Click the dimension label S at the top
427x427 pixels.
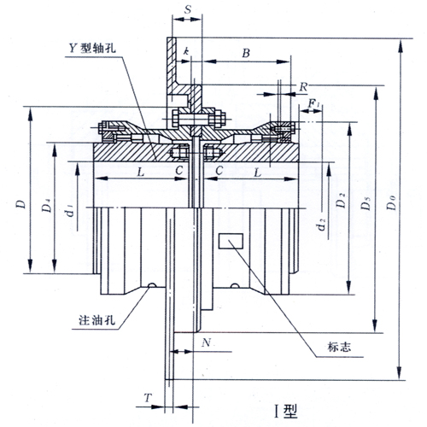pyautogui.click(x=187, y=9)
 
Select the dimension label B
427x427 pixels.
pyautogui.click(x=246, y=53)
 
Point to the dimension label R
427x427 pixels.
pyautogui.click(x=303, y=87)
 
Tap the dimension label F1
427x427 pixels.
pyautogui.click(x=315, y=104)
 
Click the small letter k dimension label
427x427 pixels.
pyautogui.click(x=186, y=51)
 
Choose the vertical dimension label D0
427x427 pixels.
pyautogui.click(x=392, y=202)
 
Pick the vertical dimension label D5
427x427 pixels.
pyautogui.click(x=366, y=202)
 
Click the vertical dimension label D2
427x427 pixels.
pyautogui.click(x=341, y=200)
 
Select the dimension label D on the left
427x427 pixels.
pyautogui.click(x=21, y=204)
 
